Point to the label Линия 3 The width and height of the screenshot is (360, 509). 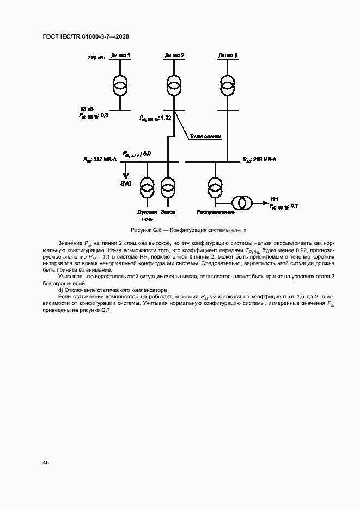pyautogui.click(x=228, y=56)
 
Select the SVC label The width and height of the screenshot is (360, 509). pyautogui.click(x=126, y=183)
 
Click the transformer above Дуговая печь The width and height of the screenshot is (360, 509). pyautogui.click(x=147, y=187)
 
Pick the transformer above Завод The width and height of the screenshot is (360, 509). pyautogui.click(x=168, y=187)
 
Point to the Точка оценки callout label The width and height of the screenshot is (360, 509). pyautogui.click(x=205, y=137)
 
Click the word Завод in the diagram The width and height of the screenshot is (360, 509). pyautogui.click(x=168, y=212)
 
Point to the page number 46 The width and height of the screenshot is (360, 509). pyautogui.click(x=46, y=462)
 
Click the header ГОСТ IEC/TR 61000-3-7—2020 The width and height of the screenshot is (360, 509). pyautogui.click(x=85, y=36)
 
